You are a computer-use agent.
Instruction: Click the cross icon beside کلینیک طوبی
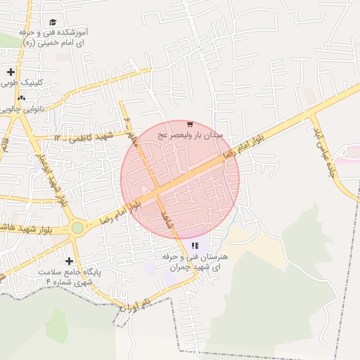pos(10,72)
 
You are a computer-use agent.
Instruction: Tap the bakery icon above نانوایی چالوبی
pos(21,98)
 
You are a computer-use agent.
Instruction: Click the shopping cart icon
pos(190,123)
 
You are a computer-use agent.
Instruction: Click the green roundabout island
pos(77,228)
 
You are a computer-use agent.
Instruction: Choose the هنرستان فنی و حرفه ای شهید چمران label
pos(190,262)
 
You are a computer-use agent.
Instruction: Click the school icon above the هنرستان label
pos(195,245)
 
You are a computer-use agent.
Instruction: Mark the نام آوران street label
pos(136,304)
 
